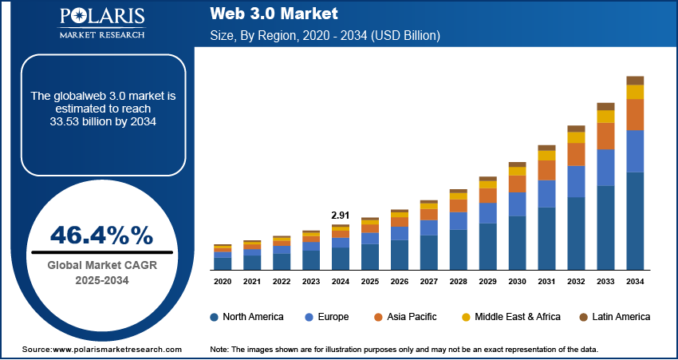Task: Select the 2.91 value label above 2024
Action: (x=341, y=216)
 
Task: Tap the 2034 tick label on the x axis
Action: (x=635, y=282)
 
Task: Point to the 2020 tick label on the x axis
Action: (x=223, y=282)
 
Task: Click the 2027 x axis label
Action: (x=429, y=282)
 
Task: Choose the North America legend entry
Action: (x=246, y=317)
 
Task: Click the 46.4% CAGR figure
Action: (x=101, y=235)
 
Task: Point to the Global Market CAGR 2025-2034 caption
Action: (x=101, y=273)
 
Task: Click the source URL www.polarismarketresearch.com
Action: (x=101, y=350)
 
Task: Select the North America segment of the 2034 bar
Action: (x=635, y=220)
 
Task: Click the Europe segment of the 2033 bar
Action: (x=605, y=168)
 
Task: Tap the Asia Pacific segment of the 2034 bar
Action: (x=635, y=115)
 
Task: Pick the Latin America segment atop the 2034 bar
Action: (x=635, y=80)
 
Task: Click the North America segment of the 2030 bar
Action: (x=518, y=243)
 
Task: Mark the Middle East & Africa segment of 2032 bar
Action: (x=576, y=137)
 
